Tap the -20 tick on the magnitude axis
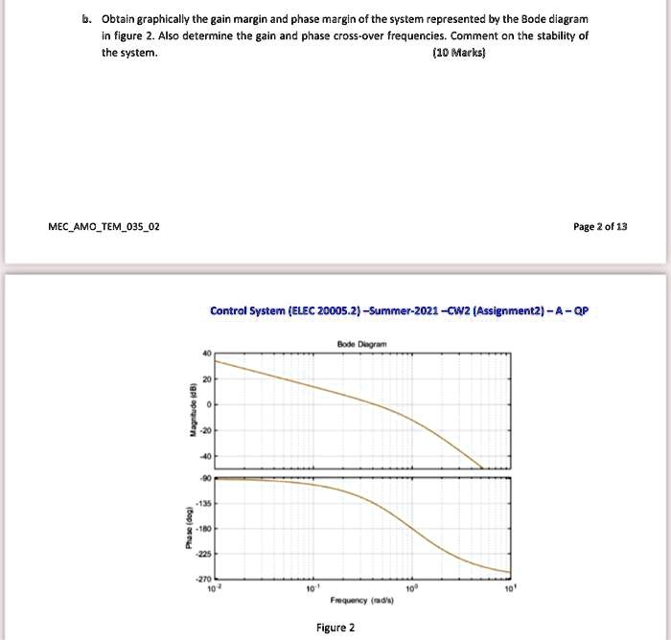click(x=203, y=431)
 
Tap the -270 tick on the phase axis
click(x=202, y=579)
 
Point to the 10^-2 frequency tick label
click(x=213, y=587)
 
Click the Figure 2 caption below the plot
click(x=335, y=628)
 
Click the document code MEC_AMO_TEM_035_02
click(x=104, y=226)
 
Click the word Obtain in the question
click(x=119, y=19)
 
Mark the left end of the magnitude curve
click(x=215, y=360)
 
